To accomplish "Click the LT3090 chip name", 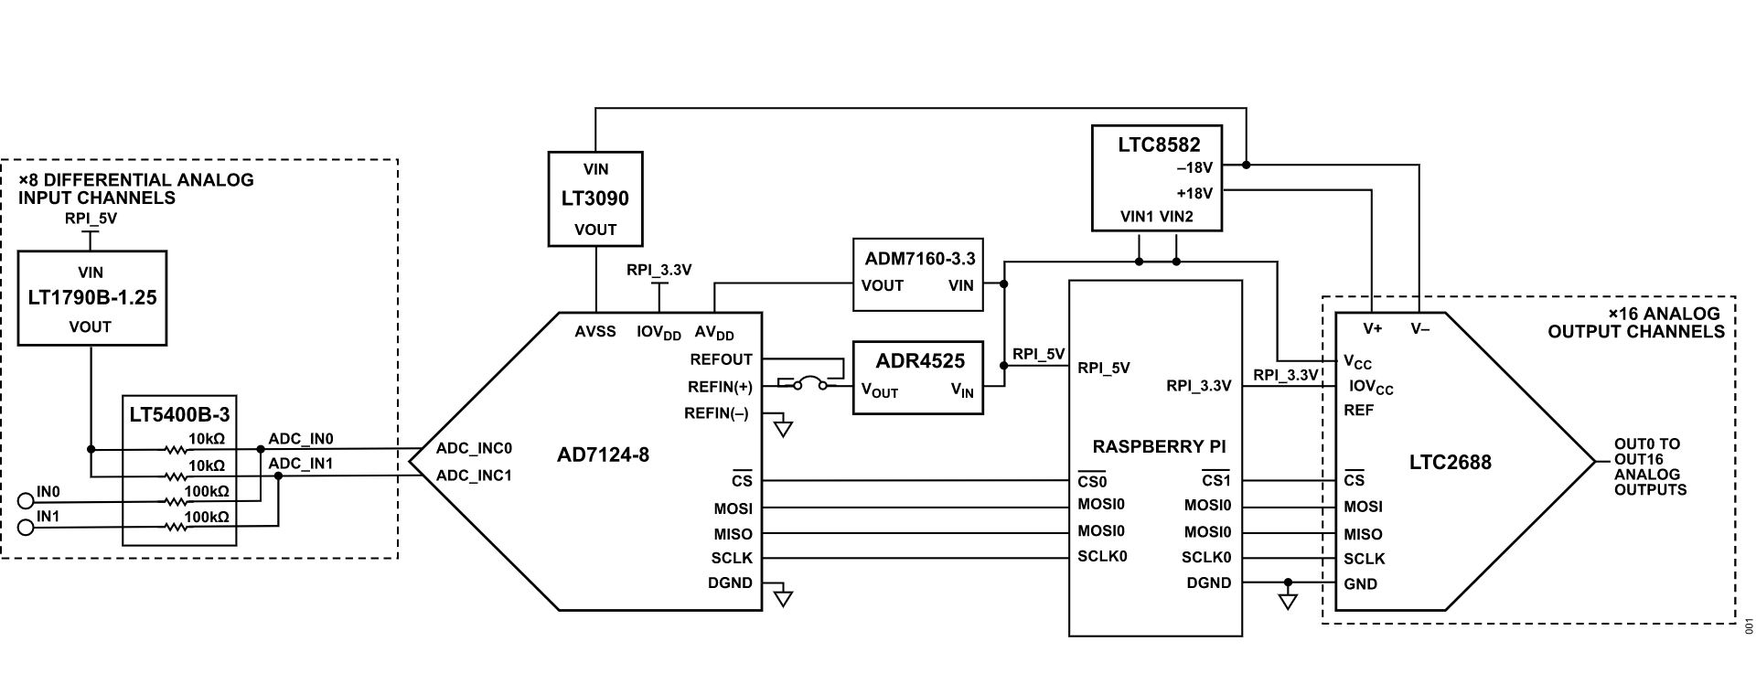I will coord(594,198).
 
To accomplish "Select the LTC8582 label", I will coord(1158,144).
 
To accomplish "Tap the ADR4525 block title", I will coord(917,360).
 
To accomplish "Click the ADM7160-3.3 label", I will coord(919,259).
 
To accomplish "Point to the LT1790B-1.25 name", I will coord(91,298).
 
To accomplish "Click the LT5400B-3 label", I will coord(178,414).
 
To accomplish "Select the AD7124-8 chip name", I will coord(603,454).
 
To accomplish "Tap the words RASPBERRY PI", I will coord(1158,447).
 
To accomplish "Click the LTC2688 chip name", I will coord(1450,463).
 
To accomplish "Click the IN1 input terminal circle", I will coord(26,526).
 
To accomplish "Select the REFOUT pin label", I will coord(721,359).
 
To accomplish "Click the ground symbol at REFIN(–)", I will coord(783,428).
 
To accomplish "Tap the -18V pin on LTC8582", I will coord(1194,168).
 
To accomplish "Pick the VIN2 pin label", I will coord(1175,218).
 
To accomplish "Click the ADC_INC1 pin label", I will coord(473,476).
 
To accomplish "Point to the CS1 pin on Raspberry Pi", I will coord(1215,481).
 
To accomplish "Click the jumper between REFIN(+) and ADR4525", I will coord(809,385).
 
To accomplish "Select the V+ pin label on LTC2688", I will coord(1372,328).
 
